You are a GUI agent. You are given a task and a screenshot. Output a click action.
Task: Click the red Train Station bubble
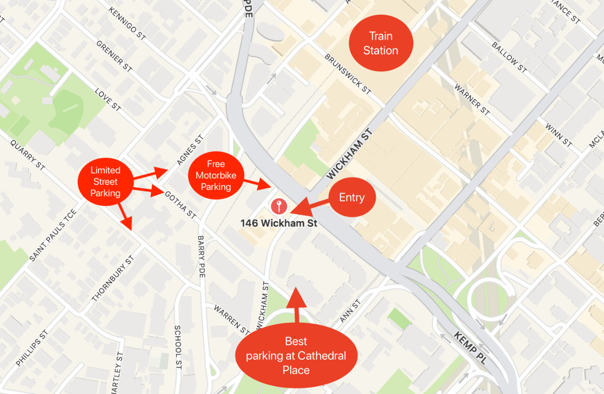(380, 43)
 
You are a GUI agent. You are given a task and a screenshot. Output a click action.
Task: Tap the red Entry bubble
(352, 197)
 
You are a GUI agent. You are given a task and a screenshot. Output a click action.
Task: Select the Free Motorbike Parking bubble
(216, 175)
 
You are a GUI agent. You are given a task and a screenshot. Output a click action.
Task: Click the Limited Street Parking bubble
(105, 181)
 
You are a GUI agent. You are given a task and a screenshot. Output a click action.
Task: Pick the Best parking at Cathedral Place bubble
(296, 355)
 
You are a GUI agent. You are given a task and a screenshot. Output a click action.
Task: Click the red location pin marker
(279, 206)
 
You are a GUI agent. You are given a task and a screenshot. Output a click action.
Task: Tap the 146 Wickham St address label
(279, 223)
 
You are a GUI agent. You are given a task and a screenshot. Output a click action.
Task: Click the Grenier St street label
(114, 56)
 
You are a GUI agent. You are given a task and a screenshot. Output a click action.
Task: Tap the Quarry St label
(28, 155)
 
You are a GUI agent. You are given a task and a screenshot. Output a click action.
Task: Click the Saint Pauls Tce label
(52, 235)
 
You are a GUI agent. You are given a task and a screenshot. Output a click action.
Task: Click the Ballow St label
(509, 57)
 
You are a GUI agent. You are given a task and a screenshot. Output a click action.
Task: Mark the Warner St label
(472, 99)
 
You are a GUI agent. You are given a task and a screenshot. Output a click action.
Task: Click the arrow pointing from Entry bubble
(310, 207)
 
